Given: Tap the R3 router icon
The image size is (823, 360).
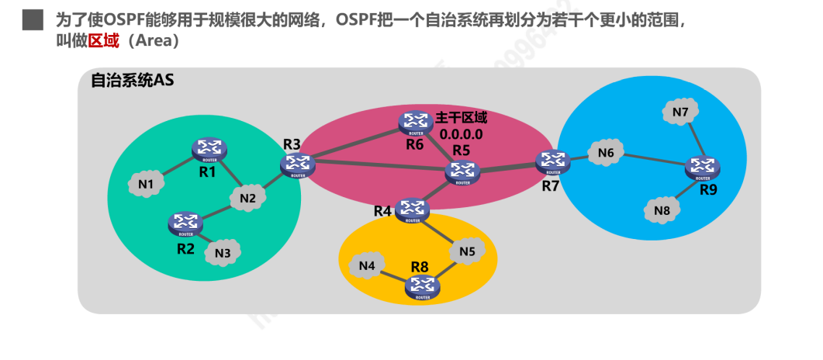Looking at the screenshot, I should (x=296, y=164).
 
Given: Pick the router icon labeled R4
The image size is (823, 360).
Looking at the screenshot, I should (x=413, y=209).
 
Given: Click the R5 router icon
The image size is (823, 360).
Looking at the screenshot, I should (x=462, y=172).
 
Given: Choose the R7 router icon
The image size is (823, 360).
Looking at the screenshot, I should (x=552, y=161).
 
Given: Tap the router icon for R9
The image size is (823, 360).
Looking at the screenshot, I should (x=702, y=167).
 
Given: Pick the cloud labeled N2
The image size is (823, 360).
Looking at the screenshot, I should (x=247, y=198).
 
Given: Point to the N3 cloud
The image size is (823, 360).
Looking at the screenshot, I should (x=223, y=251).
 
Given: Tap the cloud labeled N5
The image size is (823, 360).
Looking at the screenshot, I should (x=466, y=251).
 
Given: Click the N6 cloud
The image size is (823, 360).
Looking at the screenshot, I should (x=606, y=154).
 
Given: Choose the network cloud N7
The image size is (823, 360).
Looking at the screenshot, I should (x=680, y=112).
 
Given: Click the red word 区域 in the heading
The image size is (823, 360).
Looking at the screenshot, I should (x=103, y=41).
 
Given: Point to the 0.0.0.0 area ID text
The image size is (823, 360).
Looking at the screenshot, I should (x=462, y=133).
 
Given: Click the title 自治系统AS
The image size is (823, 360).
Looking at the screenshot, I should (x=133, y=80).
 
